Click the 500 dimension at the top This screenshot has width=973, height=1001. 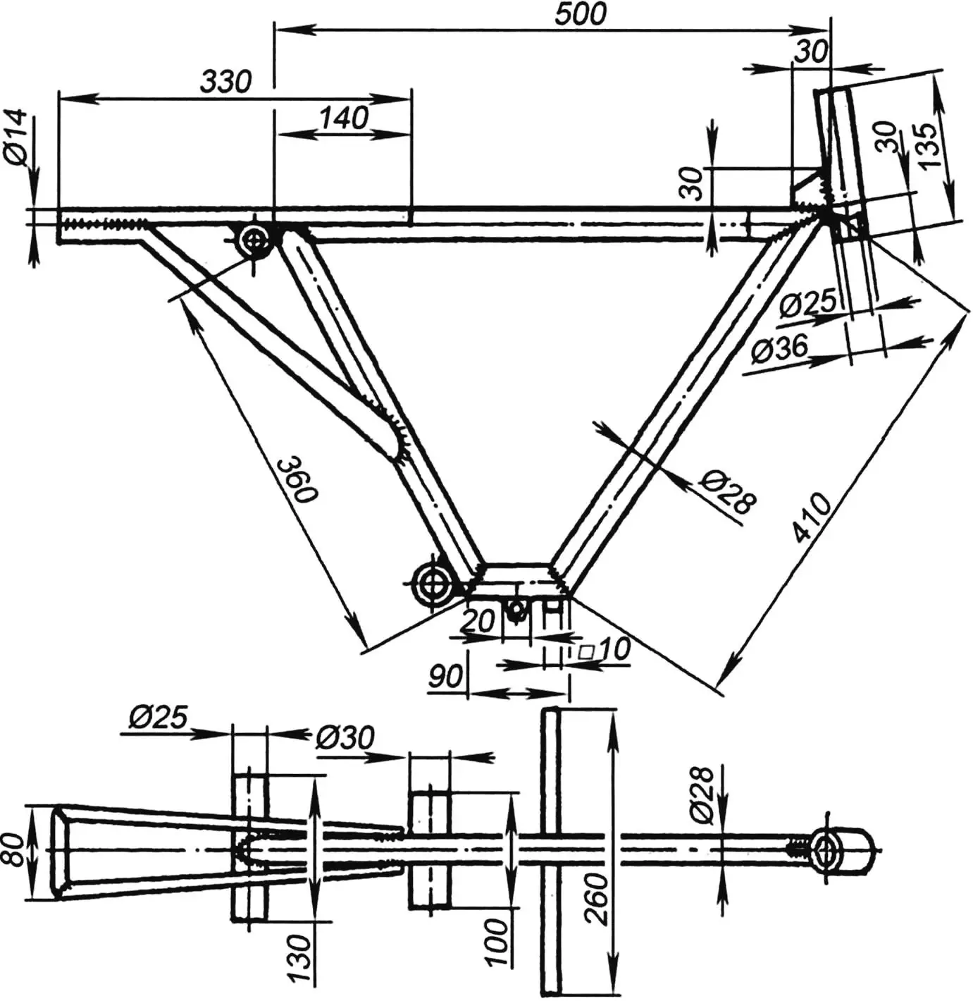[579, 15]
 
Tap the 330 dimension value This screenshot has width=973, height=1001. [225, 81]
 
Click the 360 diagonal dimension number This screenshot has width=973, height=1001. [297, 479]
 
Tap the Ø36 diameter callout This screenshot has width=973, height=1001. [779, 348]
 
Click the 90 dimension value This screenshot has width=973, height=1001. [446, 676]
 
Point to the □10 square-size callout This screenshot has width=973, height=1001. [605, 649]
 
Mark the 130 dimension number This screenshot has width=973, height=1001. [299, 958]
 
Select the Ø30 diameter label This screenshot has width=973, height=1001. [345, 738]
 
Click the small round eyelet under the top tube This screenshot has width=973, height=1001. [253, 241]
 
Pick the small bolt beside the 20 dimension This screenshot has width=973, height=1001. [516, 610]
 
